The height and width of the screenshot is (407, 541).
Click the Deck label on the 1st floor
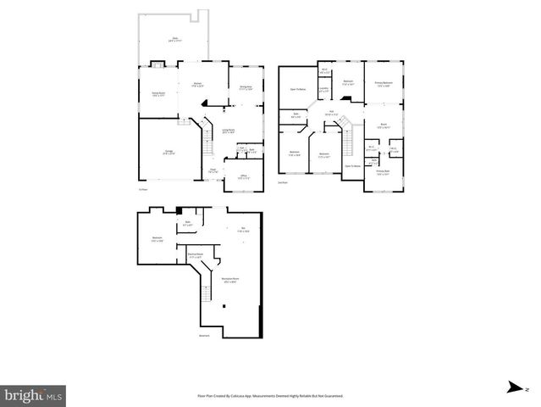point(175,39)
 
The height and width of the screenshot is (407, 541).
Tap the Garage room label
point(169,153)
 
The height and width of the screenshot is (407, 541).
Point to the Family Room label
point(157,94)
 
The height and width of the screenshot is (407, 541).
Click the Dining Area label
point(246,87)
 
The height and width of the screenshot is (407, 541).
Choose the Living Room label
point(228,131)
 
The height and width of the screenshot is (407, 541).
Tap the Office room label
point(243,176)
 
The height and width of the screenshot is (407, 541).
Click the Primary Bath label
point(383,172)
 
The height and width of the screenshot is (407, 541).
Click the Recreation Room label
point(230,280)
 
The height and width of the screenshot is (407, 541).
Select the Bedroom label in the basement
point(157,238)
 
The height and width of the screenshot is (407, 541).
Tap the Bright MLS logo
point(34,395)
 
